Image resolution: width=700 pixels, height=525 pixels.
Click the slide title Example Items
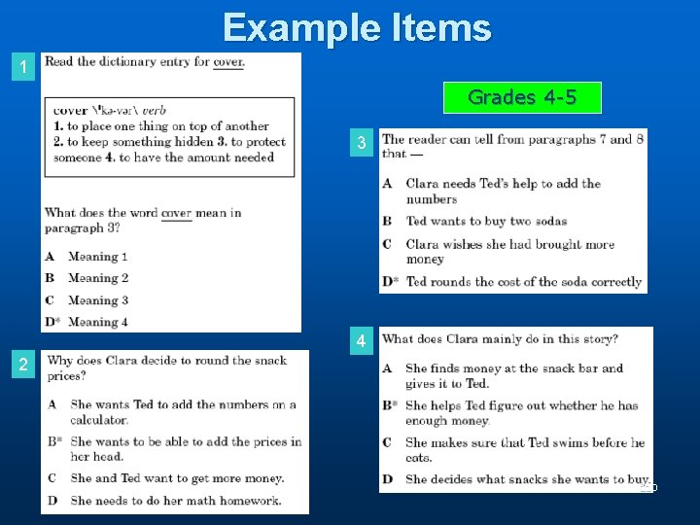tap(357, 27)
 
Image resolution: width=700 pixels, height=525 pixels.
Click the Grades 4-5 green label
tap(522, 97)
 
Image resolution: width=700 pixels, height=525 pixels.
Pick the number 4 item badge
tap(362, 342)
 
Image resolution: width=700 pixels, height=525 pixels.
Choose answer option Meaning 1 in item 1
tap(97, 257)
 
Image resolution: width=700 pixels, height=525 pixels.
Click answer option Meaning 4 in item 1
tap(97, 322)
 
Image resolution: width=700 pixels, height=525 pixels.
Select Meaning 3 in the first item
tap(97, 300)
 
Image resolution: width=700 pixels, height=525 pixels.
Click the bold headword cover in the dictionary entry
tap(70, 111)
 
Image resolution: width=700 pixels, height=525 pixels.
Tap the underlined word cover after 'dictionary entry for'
tap(228, 62)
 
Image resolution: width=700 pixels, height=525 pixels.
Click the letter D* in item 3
tap(390, 282)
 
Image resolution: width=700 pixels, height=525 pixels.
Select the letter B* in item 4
tap(389, 405)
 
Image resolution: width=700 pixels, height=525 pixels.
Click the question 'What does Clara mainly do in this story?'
tap(501, 339)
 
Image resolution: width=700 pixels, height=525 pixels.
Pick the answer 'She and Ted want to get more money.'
tap(177, 478)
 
